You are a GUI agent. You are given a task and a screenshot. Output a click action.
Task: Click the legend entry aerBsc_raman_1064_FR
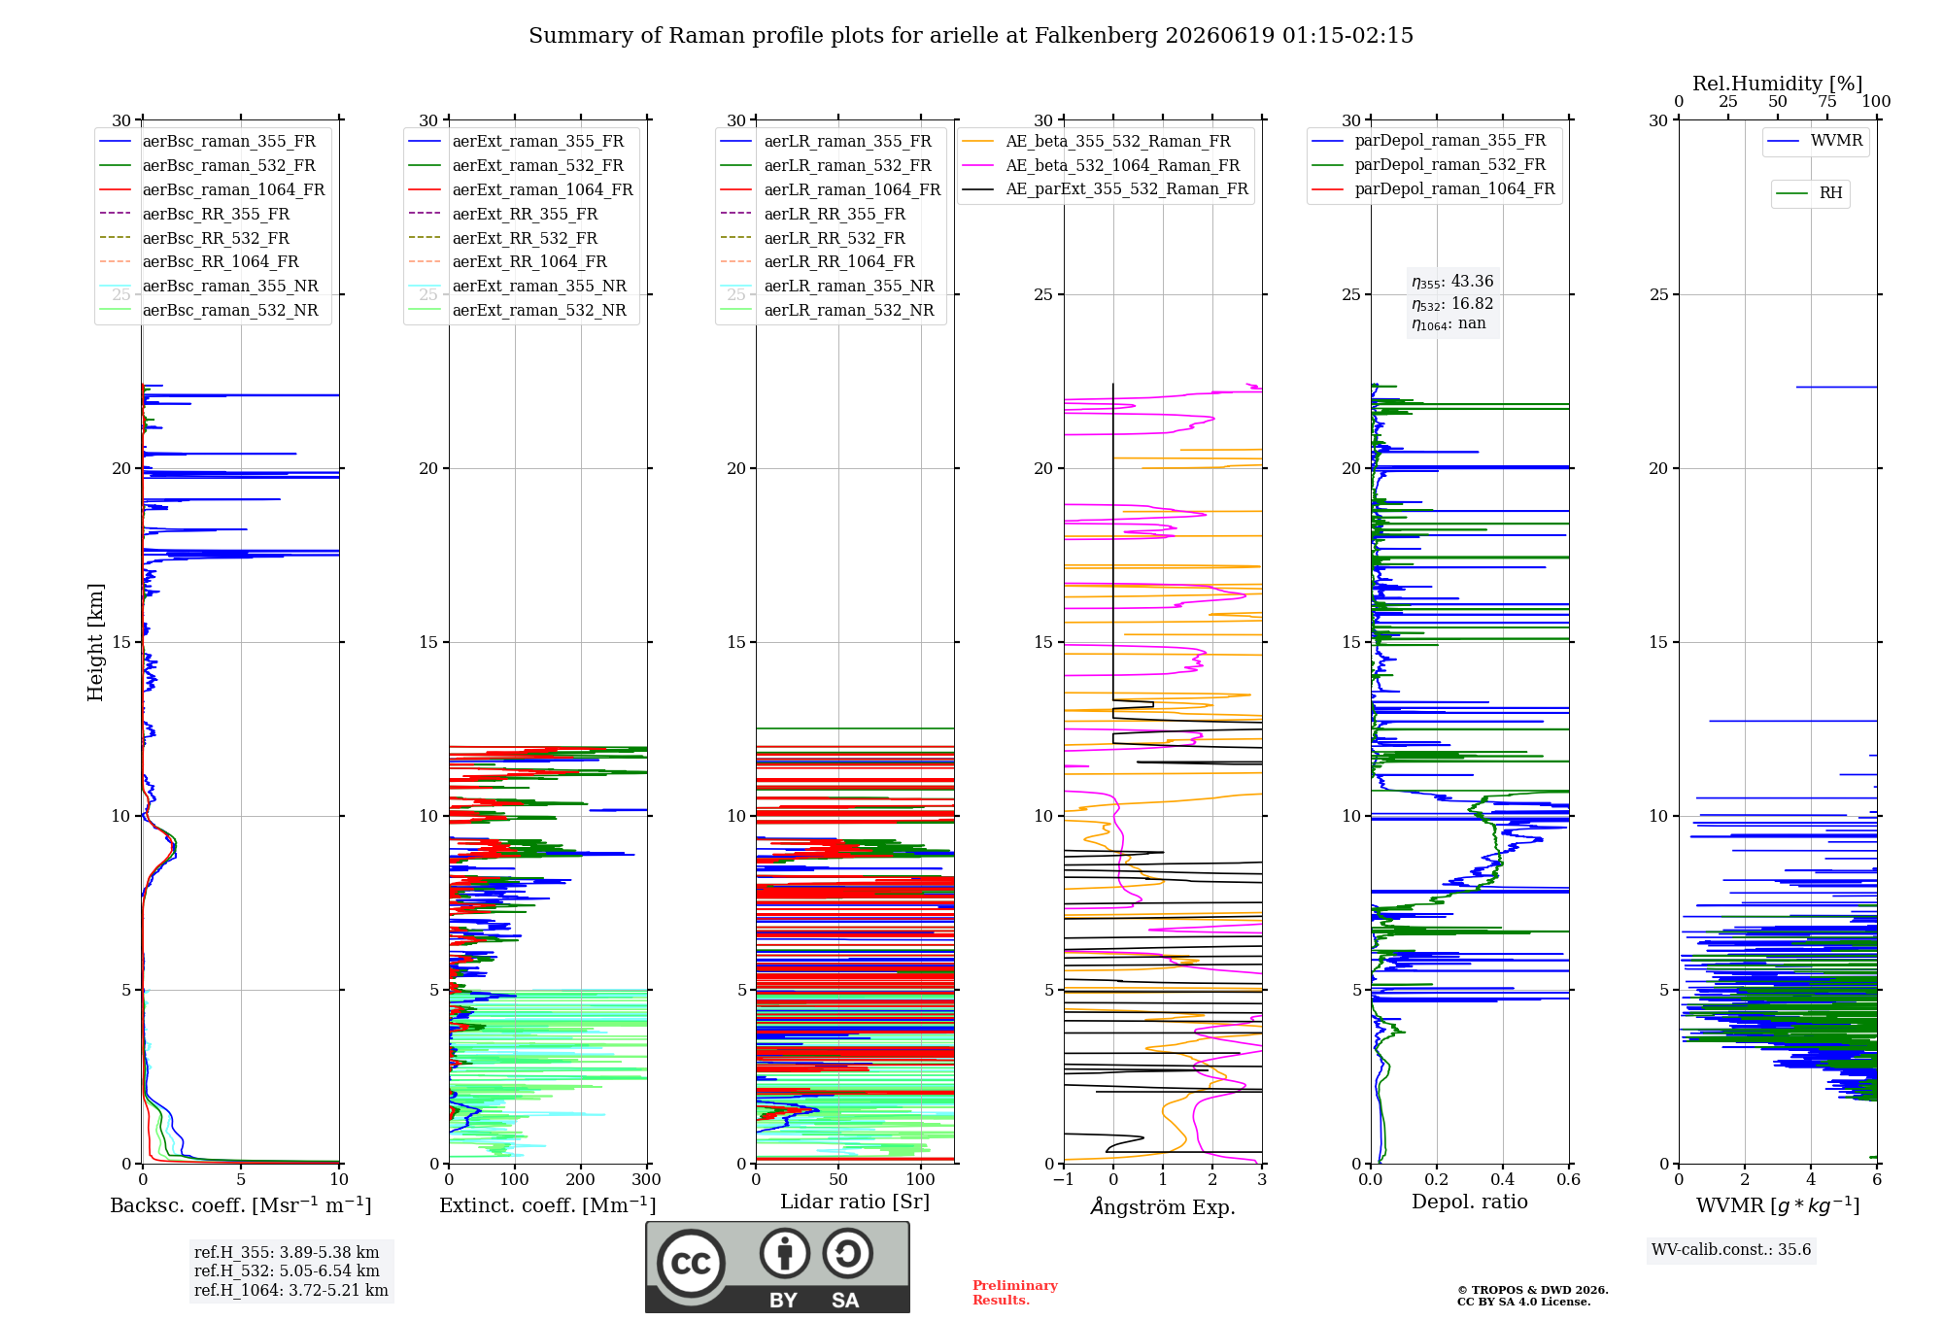(212, 190)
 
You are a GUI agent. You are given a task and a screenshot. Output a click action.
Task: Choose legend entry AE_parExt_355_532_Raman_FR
(1106, 189)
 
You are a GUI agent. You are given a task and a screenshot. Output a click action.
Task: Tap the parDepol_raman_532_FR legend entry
(1429, 165)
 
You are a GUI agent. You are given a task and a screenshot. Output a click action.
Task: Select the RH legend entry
(1810, 193)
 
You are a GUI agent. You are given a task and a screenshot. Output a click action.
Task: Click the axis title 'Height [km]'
(95, 642)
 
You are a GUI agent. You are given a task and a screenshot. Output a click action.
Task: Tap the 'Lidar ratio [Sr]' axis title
(855, 1202)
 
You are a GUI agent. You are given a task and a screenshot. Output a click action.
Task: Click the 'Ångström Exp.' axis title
(1163, 1206)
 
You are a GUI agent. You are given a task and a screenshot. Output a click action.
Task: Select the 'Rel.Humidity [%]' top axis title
(1778, 84)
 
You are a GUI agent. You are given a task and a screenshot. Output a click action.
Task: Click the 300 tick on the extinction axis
(646, 1180)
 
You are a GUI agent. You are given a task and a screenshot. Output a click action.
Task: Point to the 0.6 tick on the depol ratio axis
(1568, 1180)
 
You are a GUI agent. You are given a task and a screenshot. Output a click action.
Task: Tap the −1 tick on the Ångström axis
(1064, 1180)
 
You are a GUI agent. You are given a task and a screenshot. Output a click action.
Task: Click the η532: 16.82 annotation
(1452, 304)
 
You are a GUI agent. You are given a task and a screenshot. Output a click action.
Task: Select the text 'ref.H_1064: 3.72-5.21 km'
(291, 1291)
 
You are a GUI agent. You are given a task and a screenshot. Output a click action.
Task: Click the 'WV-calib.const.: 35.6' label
(1731, 1250)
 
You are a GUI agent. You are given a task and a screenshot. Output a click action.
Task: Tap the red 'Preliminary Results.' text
(1015, 1293)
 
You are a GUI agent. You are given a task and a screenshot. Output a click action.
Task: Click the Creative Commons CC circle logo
(691, 1263)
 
